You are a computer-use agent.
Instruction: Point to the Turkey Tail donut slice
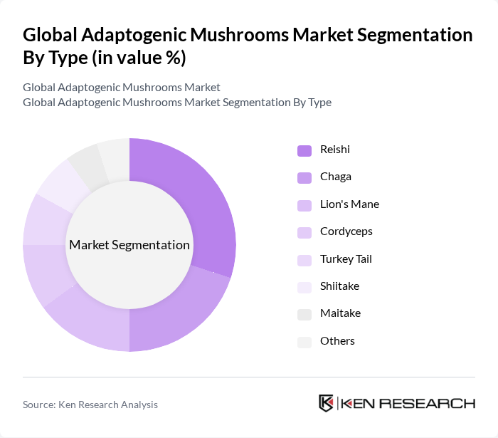point(42,219)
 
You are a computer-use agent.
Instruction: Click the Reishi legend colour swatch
point(304,150)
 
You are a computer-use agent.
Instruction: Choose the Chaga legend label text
point(336,177)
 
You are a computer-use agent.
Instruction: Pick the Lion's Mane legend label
point(349,204)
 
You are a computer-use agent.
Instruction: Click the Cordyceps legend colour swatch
point(304,232)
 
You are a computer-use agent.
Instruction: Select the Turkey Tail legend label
point(346,259)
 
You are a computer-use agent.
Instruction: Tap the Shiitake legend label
point(339,286)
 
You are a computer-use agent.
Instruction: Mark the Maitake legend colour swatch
point(304,314)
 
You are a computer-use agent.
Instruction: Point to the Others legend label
point(337,341)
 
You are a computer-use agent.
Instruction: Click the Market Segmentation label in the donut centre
point(129,245)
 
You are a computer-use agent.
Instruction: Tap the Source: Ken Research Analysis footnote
point(90,405)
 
